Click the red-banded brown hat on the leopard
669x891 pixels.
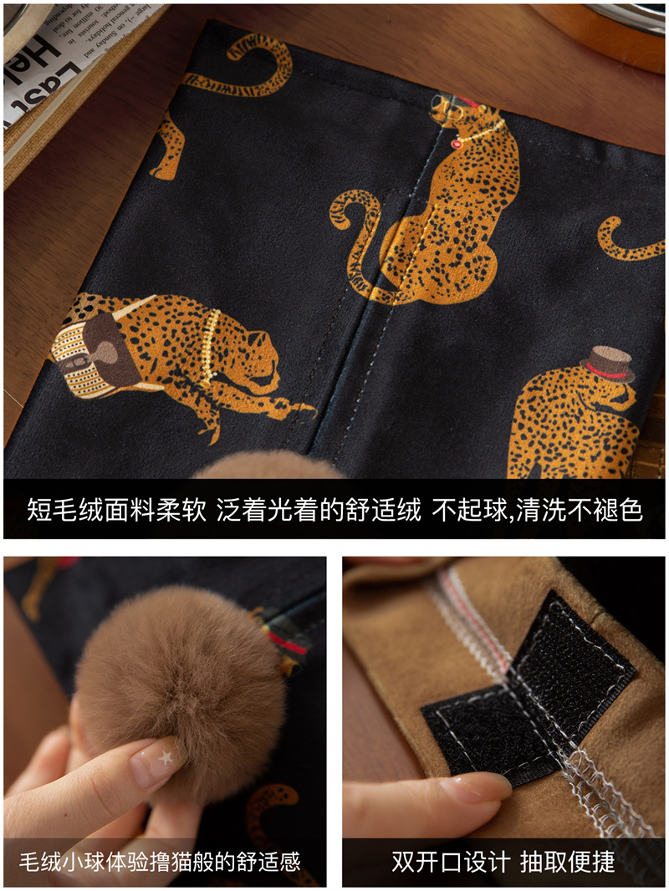(x=608, y=364)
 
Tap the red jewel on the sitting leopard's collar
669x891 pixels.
(x=456, y=144)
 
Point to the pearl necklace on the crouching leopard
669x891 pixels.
(x=211, y=347)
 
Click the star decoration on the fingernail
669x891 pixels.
(x=166, y=757)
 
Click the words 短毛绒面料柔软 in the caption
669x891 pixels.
(x=116, y=510)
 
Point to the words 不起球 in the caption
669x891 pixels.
(x=469, y=510)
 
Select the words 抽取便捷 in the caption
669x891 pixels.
(x=567, y=862)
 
